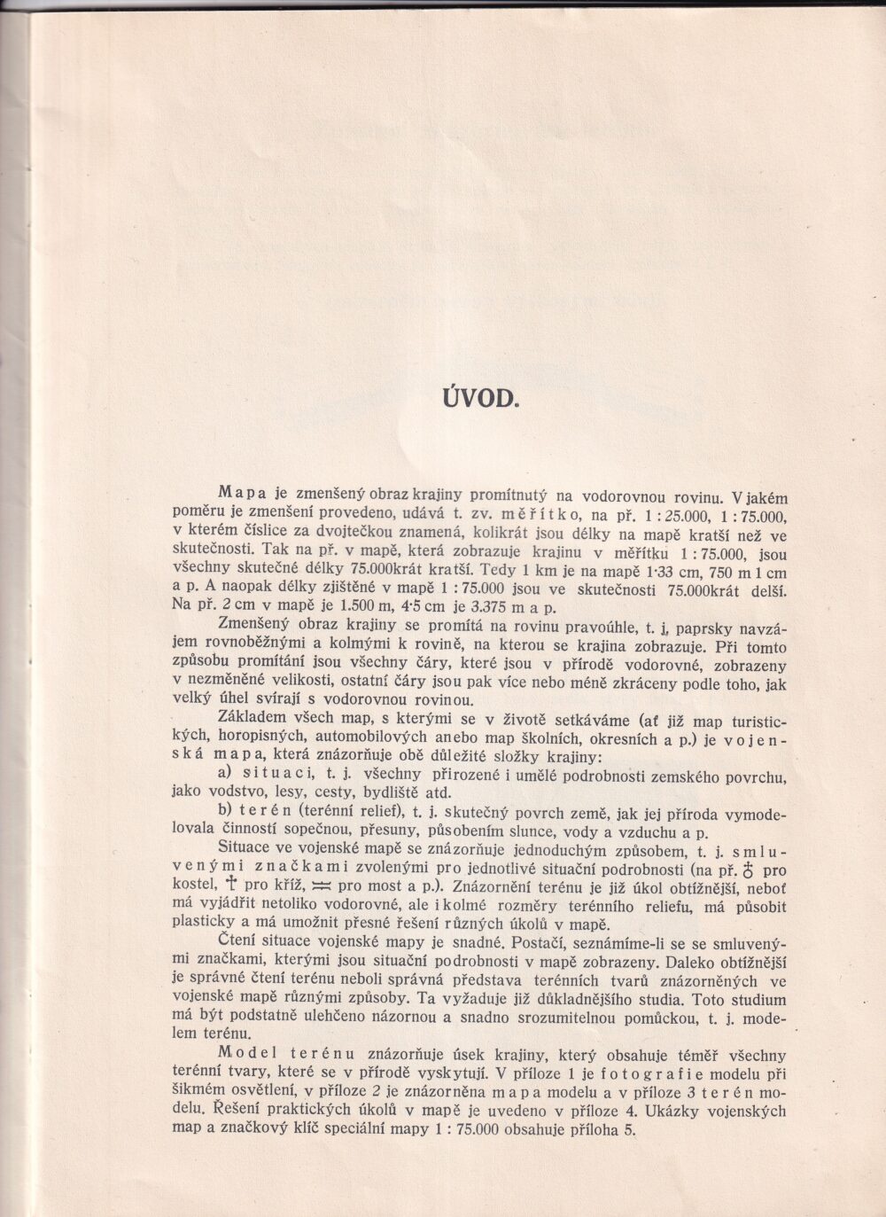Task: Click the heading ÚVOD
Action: (x=478, y=396)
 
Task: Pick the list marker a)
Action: (x=227, y=774)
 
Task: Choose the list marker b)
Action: (x=227, y=812)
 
